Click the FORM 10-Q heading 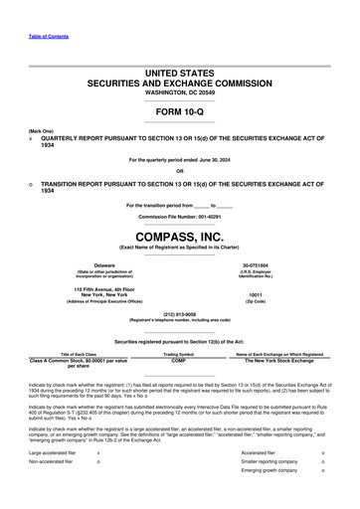[180, 110]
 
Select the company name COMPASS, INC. [180, 238]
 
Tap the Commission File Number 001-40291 [180, 216]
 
